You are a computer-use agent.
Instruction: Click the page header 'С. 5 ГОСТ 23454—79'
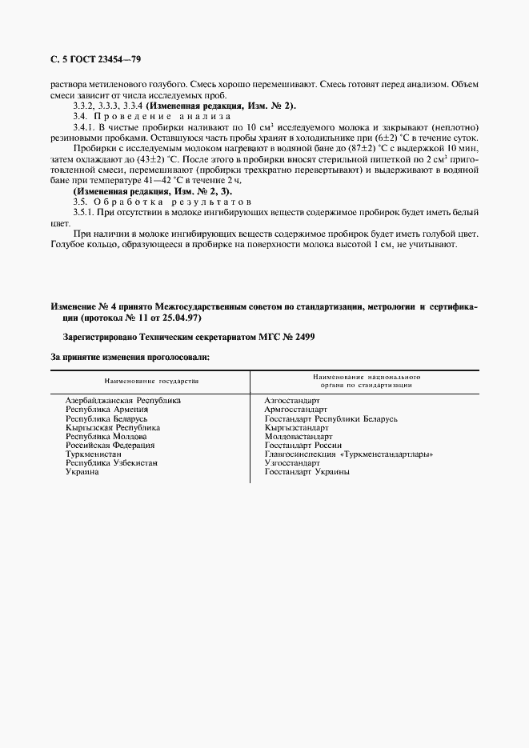click(96, 60)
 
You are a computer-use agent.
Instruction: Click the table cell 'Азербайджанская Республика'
click(123, 400)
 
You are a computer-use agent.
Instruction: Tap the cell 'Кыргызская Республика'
click(113, 428)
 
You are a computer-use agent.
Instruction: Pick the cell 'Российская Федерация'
click(110, 446)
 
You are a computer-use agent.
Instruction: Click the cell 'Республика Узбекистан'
click(111, 463)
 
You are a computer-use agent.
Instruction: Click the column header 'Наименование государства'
click(150, 381)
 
